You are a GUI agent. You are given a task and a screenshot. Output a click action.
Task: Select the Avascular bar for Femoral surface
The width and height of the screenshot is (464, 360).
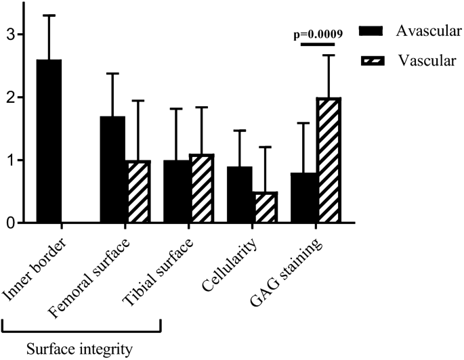click(112, 169)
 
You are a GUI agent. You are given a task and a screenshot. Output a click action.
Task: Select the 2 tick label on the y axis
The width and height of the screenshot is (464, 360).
click(12, 97)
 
